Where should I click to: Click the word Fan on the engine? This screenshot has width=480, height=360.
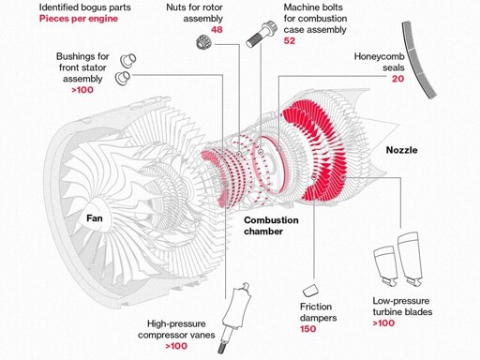click(x=95, y=217)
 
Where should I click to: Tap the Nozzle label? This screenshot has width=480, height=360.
click(x=401, y=150)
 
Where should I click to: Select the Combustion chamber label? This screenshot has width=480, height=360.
click(x=271, y=226)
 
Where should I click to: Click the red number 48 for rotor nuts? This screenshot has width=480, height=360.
click(x=217, y=30)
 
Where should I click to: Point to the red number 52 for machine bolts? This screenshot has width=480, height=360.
click(x=290, y=41)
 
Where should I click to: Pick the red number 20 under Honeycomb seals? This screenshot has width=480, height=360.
click(x=398, y=79)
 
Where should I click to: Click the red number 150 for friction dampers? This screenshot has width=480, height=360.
click(x=307, y=329)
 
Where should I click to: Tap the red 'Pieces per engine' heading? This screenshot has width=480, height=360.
click(x=79, y=19)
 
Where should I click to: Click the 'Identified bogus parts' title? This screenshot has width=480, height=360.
click(x=85, y=7)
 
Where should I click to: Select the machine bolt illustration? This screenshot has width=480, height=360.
click(x=261, y=34)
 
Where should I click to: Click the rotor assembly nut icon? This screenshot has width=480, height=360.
click(x=203, y=42)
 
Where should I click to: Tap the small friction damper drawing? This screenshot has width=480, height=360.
click(x=310, y=291)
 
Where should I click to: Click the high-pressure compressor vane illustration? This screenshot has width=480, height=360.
click(x=235, y=317)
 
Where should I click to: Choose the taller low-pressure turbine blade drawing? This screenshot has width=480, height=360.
click(x=410, y=259)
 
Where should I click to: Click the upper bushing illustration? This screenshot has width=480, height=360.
click(x=128, y=60)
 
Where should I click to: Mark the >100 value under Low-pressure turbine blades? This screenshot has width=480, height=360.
click(x=383, y=323)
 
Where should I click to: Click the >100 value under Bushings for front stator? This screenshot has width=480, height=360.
click(x=82, y=90)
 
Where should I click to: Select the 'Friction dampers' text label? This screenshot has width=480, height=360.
click(x=318, y=312)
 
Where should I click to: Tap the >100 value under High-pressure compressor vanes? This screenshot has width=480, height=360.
click(x=176, y=346)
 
